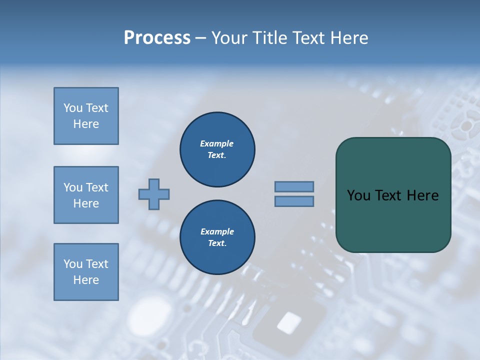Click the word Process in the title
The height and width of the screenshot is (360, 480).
[157, 38]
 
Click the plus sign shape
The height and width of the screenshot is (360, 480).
[154, 194]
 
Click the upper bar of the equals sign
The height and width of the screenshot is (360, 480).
[294, 186]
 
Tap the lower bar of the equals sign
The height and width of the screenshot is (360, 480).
[294, 201]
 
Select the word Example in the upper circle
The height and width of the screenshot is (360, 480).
[217, 143]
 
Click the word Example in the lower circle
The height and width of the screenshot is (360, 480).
[217, 231]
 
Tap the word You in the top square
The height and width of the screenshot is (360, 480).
[73, 108]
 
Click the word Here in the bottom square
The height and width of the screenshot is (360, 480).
[86, 280]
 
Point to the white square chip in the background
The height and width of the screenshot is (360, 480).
[288, 322]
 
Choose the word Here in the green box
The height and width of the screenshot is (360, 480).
[422, 195]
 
